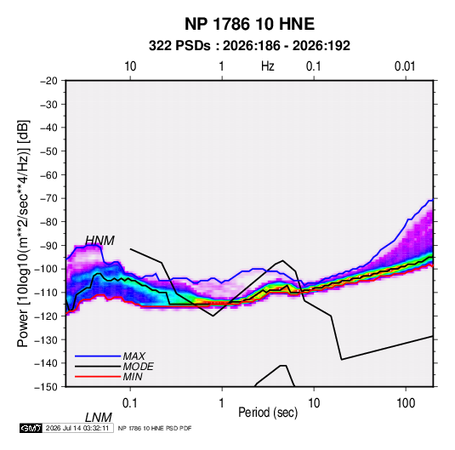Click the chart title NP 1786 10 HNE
[x=249, y=24]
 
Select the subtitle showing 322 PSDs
[x=249, y=46]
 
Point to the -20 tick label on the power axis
[x=48, y=81]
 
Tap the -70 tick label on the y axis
[x=48, y=198]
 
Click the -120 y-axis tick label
[x=46, y=316]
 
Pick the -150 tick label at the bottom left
[x=46, y=387]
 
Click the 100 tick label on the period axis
[x=406, y=403]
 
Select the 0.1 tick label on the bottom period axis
[x=130, y=403]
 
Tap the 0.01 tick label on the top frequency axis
[x=405, y=66]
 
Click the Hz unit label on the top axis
[x=268, y=66]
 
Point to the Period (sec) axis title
[x=268, y=413]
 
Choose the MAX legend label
[x=134, y=356]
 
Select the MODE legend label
[x=138, y=367]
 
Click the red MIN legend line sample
[x=98, y=377]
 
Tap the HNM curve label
[x=100, y=241]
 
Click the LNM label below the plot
[x=99, y=418]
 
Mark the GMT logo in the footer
[x=31, y=428]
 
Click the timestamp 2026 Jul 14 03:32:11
[x=77, y=428]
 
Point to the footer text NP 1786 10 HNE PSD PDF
[x=155, y=428]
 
